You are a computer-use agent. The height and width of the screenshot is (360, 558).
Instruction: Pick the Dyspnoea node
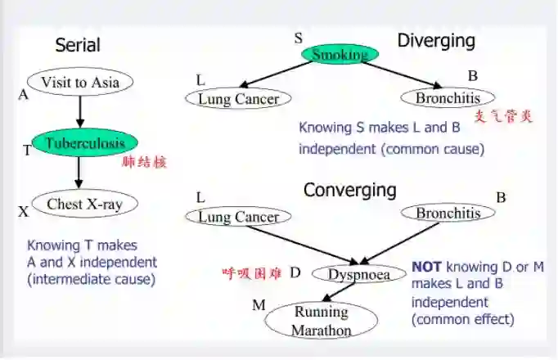(358, 274)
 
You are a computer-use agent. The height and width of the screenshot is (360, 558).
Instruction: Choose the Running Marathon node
(322, 321)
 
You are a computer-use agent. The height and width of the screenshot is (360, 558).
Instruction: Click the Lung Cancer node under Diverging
(239, 99)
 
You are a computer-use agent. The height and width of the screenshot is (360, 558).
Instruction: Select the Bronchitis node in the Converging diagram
(448, 214)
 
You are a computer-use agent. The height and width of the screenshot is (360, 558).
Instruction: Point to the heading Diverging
(436, 40)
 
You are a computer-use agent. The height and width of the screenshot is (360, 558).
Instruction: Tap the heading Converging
(349, 191)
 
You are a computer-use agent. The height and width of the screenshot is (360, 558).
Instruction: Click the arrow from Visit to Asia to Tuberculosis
(79, 110)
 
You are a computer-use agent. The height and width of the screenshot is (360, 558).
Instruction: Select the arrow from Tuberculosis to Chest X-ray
(79, 173)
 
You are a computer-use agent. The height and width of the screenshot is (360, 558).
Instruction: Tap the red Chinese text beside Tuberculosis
(144, 162)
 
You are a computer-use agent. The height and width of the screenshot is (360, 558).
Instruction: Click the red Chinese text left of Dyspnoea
(251, 273)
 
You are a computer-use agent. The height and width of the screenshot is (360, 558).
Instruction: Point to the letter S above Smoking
(299, 38)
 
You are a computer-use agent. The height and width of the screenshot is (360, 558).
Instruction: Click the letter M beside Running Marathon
(259, 305)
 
